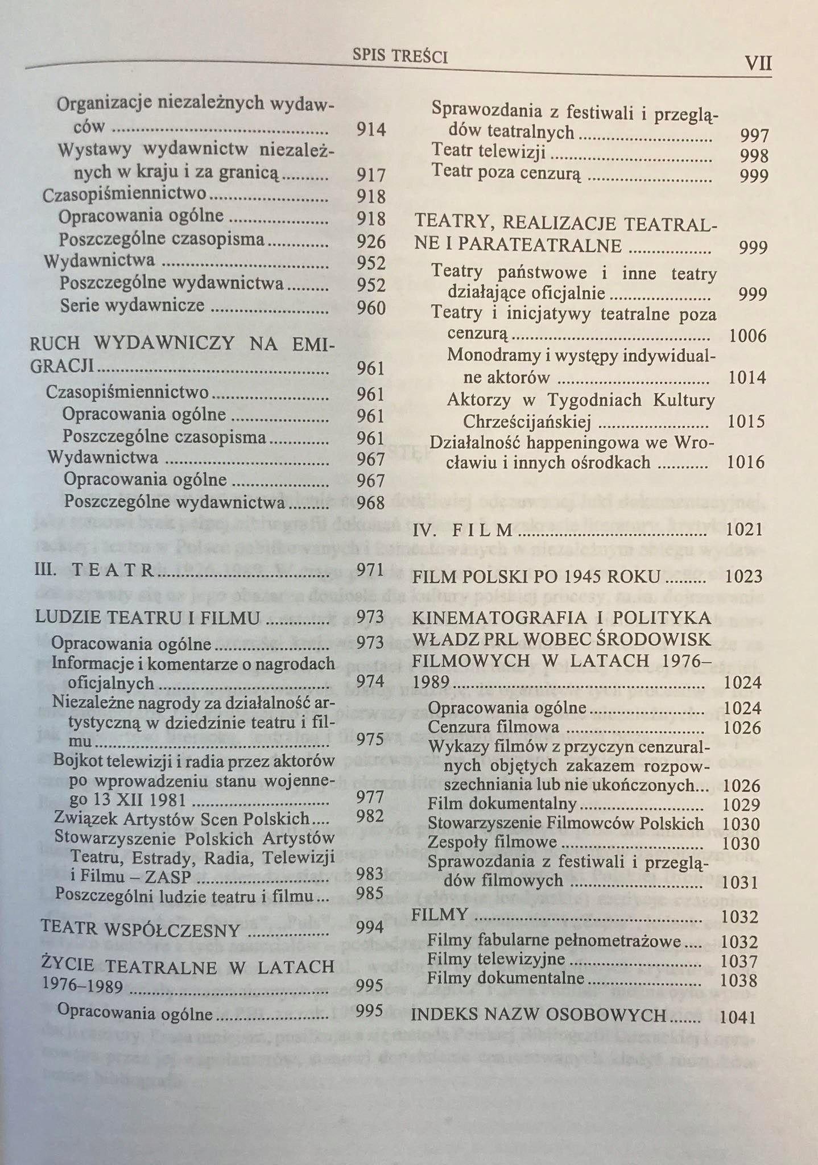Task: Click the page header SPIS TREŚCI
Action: [x=400, y=56]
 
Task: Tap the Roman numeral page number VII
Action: [x=759, y=63]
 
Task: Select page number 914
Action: [x=371, y=130]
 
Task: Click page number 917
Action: [x=371, y=175]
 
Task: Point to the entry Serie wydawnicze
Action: [x=133, y=305]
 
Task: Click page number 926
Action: [x=371, y=242]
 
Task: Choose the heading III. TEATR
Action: [x=94, y=570]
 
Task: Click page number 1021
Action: [x=744, y=530]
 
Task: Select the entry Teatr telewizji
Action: [x=489, y=151]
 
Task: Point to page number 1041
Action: [x=738, y=1017]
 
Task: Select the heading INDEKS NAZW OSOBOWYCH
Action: [x=538, y=1015]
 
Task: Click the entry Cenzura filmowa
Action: [x=493, y=728]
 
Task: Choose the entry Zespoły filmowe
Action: [x=492, y=842]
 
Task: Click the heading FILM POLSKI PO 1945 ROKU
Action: [x=536, y=577]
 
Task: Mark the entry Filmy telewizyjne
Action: [x=496, y=960]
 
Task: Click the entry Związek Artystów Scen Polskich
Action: [x=181, y=817]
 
